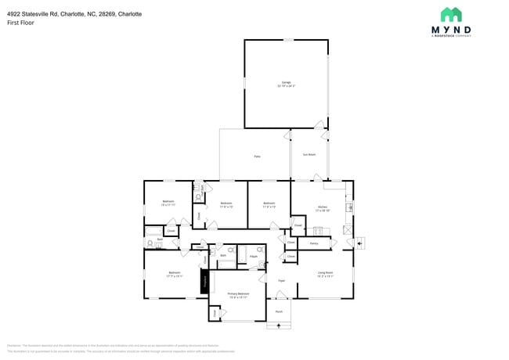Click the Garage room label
[x=286, y=84]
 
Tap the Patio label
[x=257, y=157]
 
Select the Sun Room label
[x=309, y=155]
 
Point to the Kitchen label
[x=323, y=209]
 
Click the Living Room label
[x=325, y=275]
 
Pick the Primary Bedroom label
[x=238, y=296]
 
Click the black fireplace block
[x=205, y=281]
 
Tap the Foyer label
[x=281, y=280]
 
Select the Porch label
[x=279, y=312]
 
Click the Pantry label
[x=313, y=243]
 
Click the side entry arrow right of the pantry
[x=359, y=243]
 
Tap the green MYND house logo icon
[x=450, y=15]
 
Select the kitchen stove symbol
[x=318, y=231]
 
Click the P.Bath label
[x=253, y=257]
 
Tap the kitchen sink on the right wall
[x=349, y=207]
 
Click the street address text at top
[x=74, y=14]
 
